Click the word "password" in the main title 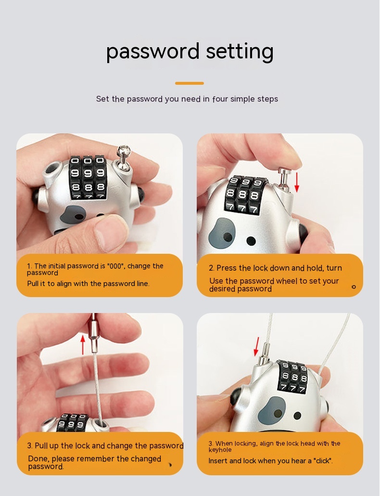click(153, 51)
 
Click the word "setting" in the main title click(240, 51)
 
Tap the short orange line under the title click(190, 83)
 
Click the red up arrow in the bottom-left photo click(83, 345)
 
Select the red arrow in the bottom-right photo click(257, 346)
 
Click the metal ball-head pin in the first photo click(123, 157)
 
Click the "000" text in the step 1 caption click(115, 266)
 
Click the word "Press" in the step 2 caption click(227, 268)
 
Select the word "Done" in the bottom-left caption click(38, 458)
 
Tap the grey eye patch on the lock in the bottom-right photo click(271, 411)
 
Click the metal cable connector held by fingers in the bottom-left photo click(94, 333)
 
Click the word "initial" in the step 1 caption click(57, 266)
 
